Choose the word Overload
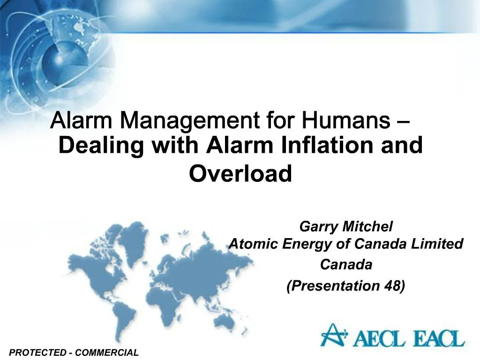240,173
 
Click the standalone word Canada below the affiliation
346,265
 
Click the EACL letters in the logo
437,337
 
